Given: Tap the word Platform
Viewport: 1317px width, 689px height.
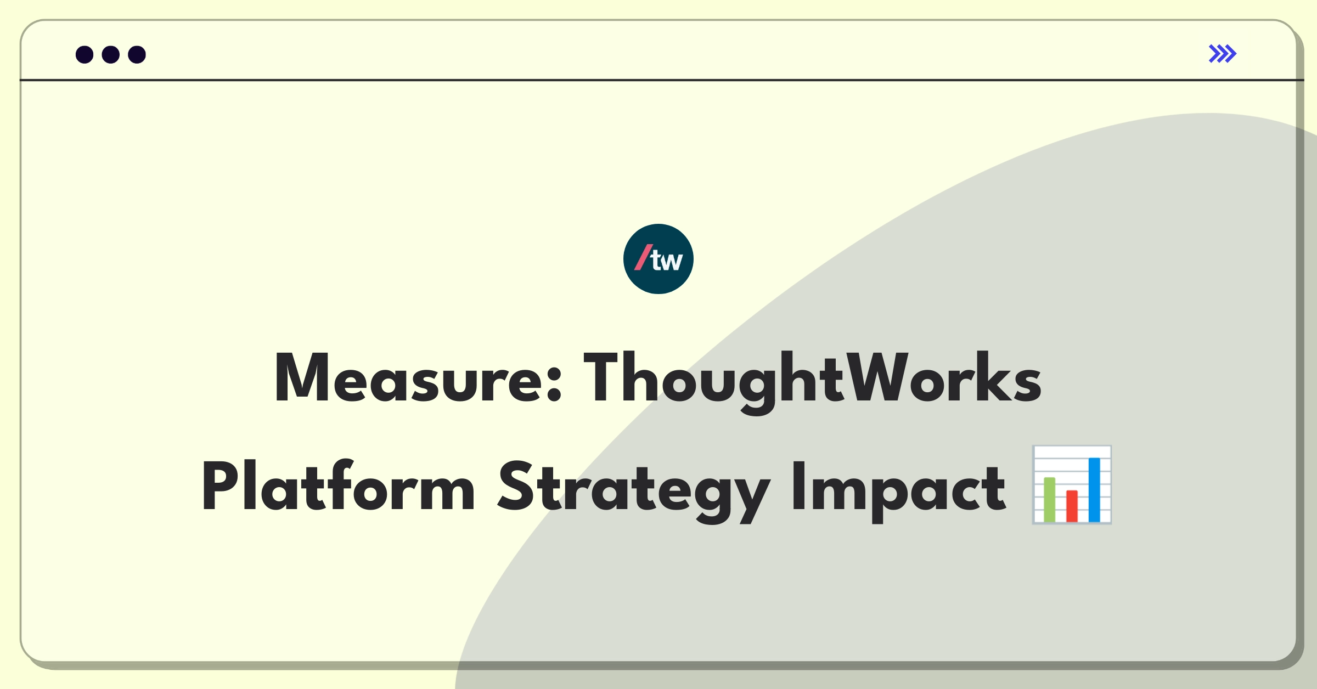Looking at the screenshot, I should (x=338, y=487).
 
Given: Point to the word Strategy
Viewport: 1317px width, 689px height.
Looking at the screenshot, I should (x=634, y=488).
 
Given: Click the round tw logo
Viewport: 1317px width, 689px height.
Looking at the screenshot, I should (x=658, y=259).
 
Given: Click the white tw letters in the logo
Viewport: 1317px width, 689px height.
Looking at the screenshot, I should (x=667, y=261).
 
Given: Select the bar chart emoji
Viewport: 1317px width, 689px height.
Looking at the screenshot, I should (x=1072, y=485).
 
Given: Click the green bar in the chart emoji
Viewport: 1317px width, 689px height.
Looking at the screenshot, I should (x=1049, y=500).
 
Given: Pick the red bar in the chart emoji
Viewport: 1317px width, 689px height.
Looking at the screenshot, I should (x=1072, y=506).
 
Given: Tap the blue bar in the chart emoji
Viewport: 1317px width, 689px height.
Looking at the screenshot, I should (x=1094, y=489).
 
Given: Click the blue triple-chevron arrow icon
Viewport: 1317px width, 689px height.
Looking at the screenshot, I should (x=1222, y=54).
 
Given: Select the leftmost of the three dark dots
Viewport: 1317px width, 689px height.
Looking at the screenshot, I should (x=85, y=54).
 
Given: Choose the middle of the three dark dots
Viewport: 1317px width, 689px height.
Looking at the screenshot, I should (x=110, y=54).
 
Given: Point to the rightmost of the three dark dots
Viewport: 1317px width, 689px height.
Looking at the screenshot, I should (x=137, y=54).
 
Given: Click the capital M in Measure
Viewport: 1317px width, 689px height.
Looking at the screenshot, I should (x=301, y=379).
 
